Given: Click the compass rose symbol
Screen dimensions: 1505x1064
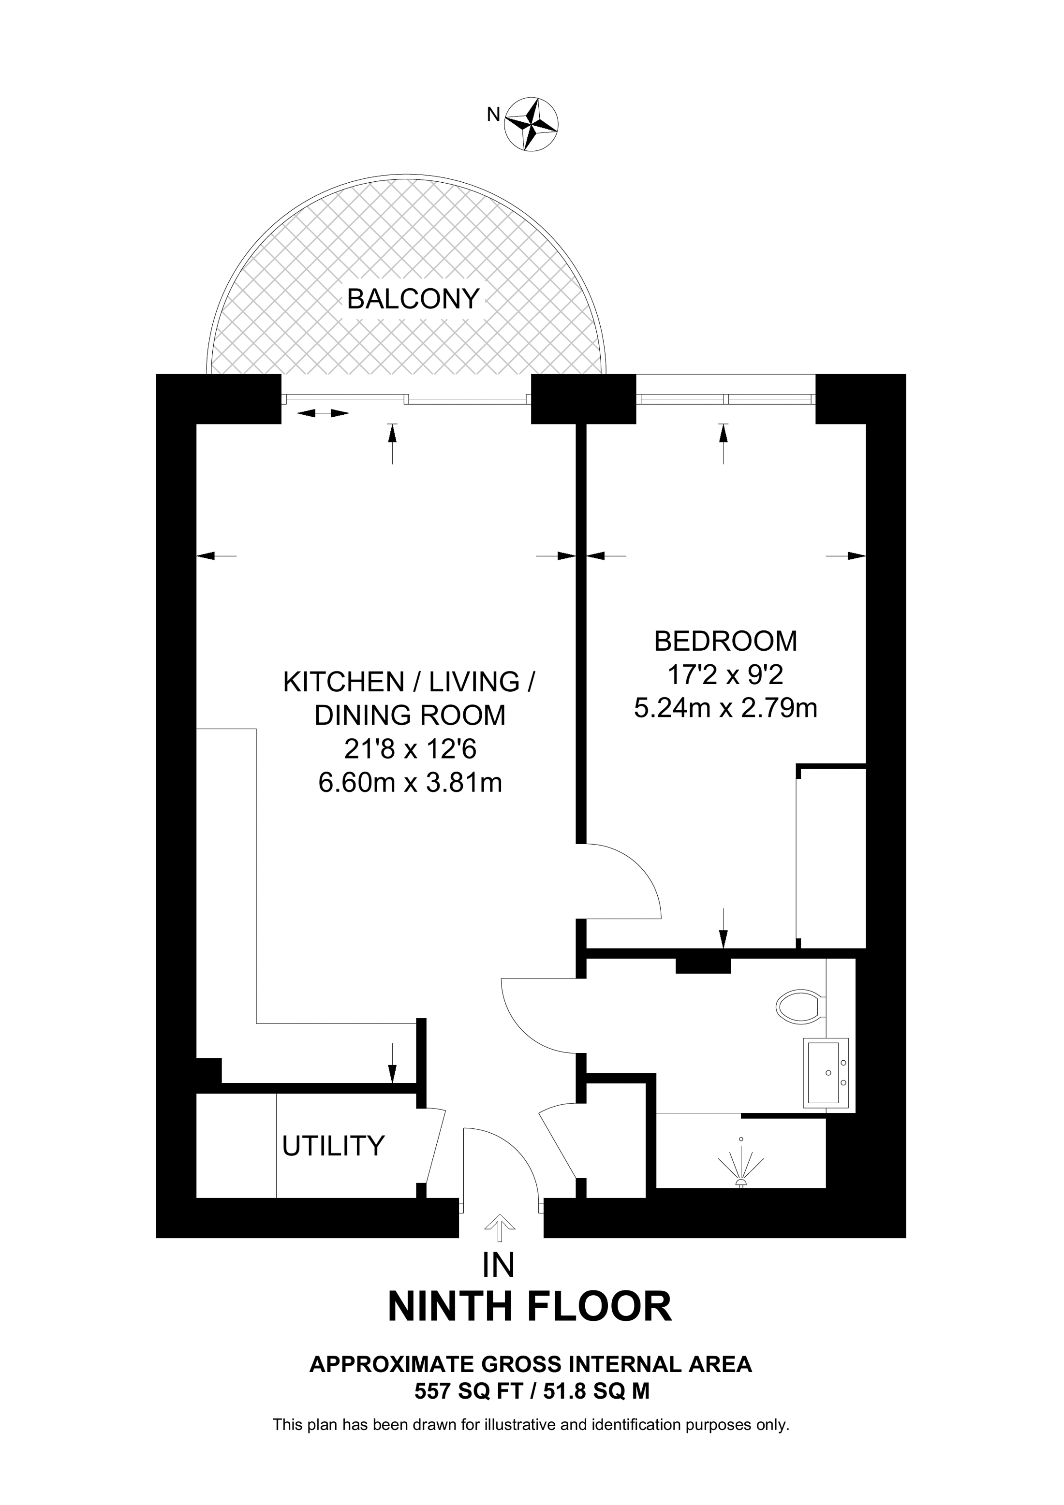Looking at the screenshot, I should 531,125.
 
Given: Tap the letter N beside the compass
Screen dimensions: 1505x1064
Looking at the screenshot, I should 493,115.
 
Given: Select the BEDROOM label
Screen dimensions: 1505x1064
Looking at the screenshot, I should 726,641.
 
